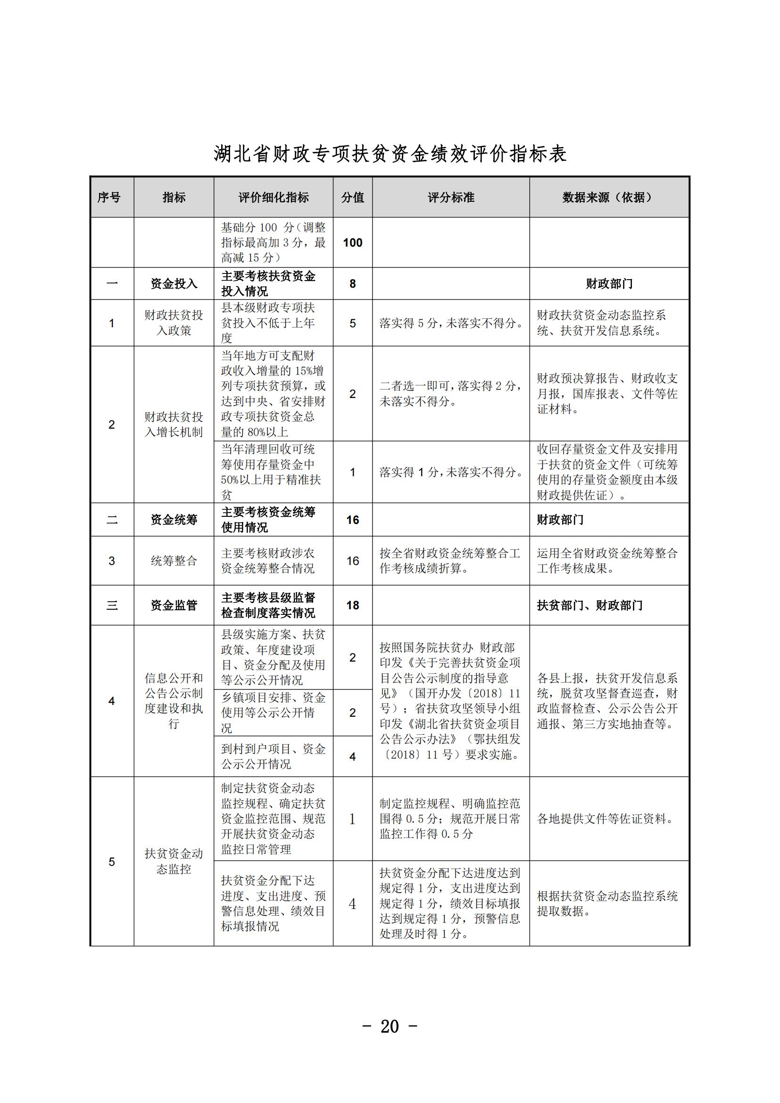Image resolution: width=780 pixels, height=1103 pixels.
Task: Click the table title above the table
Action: pos(390,154)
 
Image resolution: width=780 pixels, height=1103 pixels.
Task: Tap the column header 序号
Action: pos(109,198)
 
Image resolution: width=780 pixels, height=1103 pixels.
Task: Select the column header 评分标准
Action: pos(450,198)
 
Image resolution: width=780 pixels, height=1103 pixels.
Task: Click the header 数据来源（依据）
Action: pos(608,198)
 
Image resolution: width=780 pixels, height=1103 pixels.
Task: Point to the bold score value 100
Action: pos(353,242)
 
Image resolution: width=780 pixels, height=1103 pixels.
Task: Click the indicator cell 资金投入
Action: pos(174,284)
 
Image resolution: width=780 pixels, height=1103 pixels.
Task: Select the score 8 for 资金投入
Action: pos(353,284)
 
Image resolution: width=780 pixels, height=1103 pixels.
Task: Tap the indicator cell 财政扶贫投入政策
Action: pos(174,323)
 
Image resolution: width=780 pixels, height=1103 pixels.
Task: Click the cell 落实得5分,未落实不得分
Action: pos(450,323)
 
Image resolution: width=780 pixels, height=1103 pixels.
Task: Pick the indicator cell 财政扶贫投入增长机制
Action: pos(174,424)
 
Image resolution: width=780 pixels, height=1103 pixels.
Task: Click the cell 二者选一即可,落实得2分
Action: pos(450,393)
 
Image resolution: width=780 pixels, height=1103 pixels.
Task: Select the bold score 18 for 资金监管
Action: pos(353,605)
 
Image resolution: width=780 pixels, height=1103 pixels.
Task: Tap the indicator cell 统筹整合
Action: pos(174,561)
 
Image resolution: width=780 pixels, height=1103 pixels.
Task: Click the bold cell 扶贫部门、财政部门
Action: pos(589,605)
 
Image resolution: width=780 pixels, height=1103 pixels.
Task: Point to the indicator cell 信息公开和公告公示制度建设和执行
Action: pos(174,701)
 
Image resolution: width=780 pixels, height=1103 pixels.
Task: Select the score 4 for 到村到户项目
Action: pos(353,756)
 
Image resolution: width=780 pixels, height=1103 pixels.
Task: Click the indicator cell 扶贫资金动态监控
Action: pos(174,862)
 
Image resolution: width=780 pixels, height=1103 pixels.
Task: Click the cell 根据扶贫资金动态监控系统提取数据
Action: pos(607,903)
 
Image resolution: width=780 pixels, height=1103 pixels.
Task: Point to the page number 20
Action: pos(390,1026)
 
